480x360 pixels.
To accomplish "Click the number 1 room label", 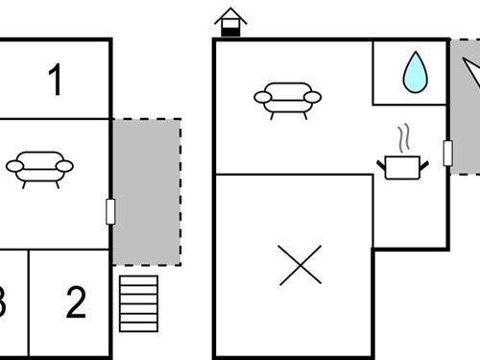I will pyautogui.click(x=56, y=81).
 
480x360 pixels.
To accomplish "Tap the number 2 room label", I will pyautogui.click(x=76, y=303).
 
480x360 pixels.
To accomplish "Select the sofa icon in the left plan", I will pyautogui.click(x=39, y=167).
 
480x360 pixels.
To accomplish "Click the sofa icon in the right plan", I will pyautogui.click(x=287, y=97).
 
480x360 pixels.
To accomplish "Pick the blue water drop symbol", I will pyautogui.click(x=415, y=72).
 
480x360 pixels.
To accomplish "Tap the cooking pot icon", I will pyautogui.click(x=403, y=167).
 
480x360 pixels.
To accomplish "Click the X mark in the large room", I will pyautogui.click(x=300, y=265).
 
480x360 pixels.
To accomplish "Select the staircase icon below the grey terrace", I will pyautogui.click(x=138, y=303).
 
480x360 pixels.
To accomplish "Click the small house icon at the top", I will pyautogui.click(x=230, y=21).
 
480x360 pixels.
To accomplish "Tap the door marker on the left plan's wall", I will pyautogui.click(x=110, y=211).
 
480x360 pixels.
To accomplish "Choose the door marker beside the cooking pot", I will pyautogui.click(x=447, y=153).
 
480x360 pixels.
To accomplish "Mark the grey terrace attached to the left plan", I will pyautogui.click(x=146, y=192).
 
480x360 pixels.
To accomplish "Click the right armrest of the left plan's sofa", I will pyautogui.click(x=64, y=166).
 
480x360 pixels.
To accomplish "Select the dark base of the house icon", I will pyautogui.click(x=230, y=32).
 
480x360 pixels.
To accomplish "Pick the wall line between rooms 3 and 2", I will pyautogui.click(x=29, y=303).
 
